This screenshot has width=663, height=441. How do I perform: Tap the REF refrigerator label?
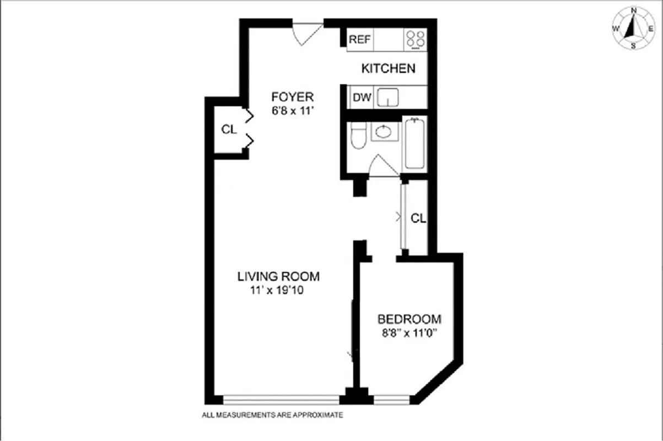(360, 40)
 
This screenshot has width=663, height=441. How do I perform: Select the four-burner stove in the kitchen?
(416, 40)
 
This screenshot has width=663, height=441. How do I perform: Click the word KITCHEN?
(388, 69)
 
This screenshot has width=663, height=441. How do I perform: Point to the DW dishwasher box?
(362, 99)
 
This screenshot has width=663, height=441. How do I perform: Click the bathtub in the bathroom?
(414, 144)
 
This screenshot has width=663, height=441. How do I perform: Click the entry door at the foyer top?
(306, 34)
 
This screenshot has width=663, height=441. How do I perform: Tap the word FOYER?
(292, 97)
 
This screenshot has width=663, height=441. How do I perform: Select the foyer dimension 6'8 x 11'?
(292, 110)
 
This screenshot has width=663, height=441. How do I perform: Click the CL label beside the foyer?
(229, 130)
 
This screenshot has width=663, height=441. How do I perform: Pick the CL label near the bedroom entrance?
(418, 218)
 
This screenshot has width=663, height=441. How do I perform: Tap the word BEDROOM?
(409, 319)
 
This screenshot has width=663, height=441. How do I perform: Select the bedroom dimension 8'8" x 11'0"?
(409, 332)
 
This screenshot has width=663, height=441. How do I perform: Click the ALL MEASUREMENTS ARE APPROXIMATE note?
(273, 415)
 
